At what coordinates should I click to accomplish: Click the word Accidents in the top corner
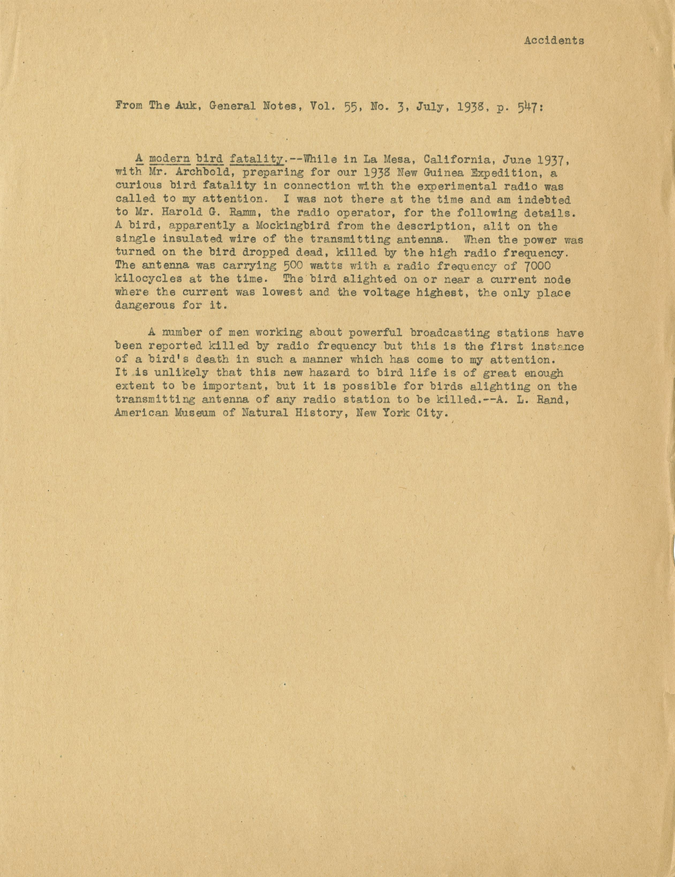554,41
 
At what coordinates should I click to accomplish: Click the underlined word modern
169,160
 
